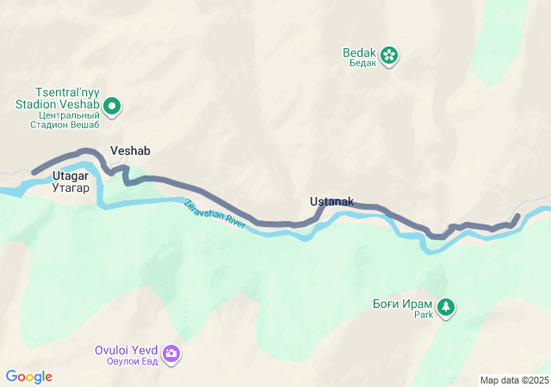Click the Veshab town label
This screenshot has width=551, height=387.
pyautogui.click(x=130, y=150)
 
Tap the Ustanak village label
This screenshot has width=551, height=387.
pyautogui.click(x=331, y=201)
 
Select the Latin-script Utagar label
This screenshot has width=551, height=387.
pyautogui.click(x=71, y=175)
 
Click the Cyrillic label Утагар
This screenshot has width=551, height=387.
pyautogui.click(x=71, y=187)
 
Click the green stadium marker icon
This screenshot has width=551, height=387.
pyautogui.click(x=112, y=107)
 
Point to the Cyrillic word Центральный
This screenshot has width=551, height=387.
pyautogui.click(x=69, y=115)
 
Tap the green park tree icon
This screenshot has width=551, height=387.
pyautogui.click(x=445, y=306)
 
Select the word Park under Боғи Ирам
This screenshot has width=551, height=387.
pyautogui.click(x=423, y=316)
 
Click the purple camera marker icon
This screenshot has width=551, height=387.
pyautogui.click(x=171, y=353)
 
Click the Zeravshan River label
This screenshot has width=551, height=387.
pyautogui.click(x=215, y=215)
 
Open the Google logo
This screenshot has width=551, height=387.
pyautogui.click(x=29, y=377)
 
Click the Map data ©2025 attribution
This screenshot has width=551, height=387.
pyautogui.click(x=514, y=380)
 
